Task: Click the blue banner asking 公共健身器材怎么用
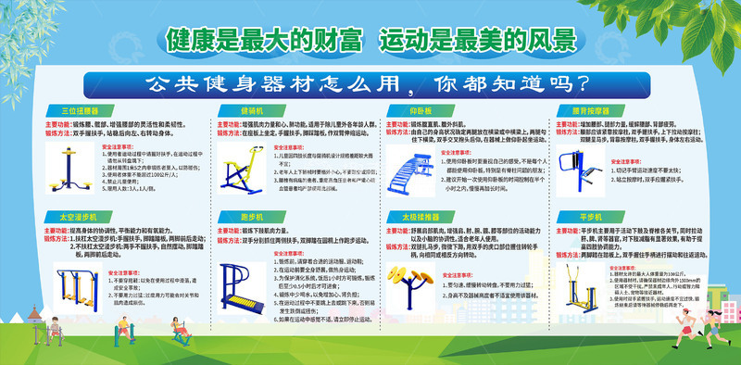(370, 81)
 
